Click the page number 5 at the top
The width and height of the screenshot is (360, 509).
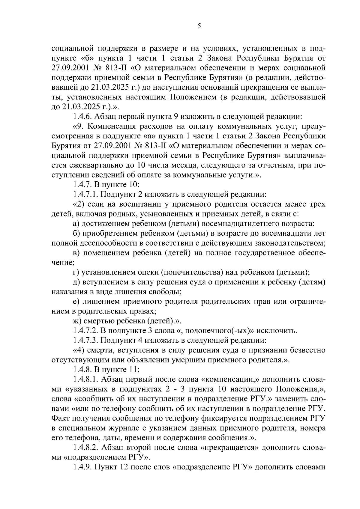[x=199, y=26]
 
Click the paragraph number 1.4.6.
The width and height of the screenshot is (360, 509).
[x=82, y=117]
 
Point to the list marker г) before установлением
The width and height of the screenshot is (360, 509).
[x=76, y=272]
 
